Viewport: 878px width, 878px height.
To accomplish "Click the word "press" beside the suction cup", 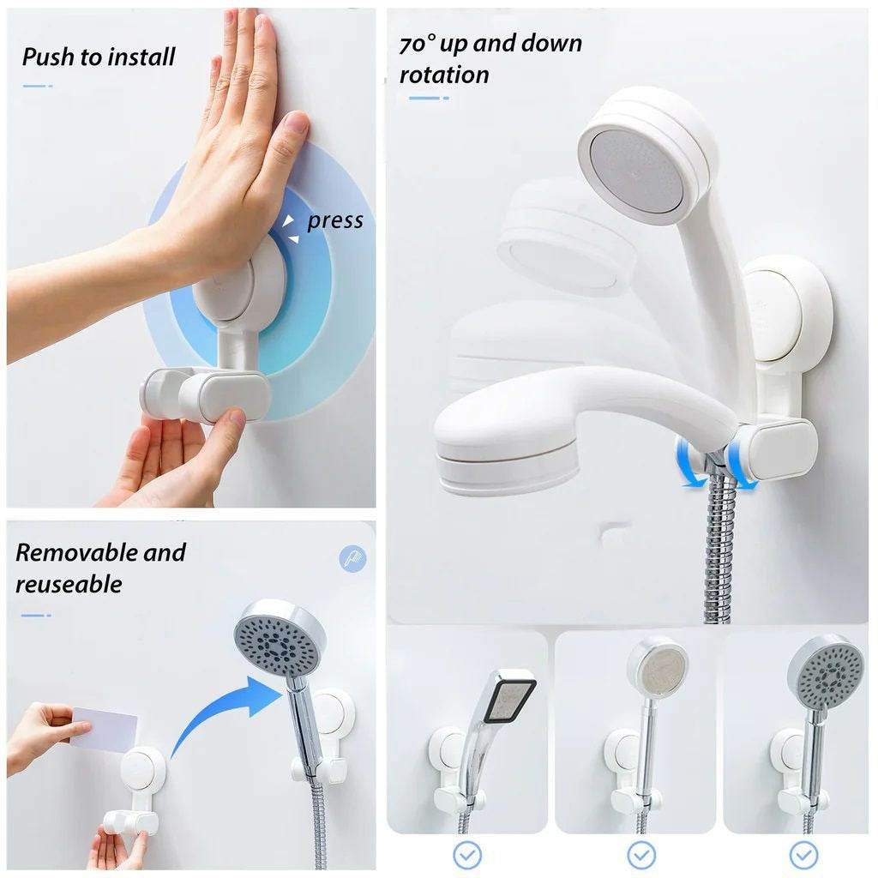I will click(335, 221).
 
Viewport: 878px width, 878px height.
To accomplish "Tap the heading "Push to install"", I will click(99, 57).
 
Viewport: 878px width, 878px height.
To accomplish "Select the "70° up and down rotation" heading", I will click(490, 59).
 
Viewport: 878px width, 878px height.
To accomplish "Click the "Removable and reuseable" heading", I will click(100, 568).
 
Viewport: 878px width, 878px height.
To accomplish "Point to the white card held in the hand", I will click(104, 728).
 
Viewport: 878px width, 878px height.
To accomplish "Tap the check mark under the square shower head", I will click(467, 855).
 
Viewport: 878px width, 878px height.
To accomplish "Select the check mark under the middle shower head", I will click(640, 855).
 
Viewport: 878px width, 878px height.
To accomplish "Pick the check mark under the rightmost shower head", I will click(803, 855).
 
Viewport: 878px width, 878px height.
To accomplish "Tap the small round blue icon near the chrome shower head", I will click(352, 559).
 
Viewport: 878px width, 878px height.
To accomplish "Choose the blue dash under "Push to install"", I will click(37, 87).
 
